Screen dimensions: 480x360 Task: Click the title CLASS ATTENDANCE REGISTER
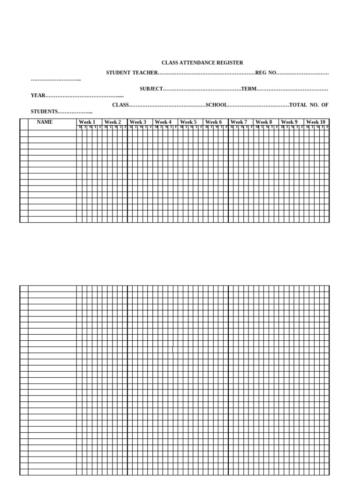[202, 63]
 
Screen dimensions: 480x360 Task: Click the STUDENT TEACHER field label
[132, 73]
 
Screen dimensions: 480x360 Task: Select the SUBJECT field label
[151, 89]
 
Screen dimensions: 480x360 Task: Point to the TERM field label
[248, 89]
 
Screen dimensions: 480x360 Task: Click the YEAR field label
[38, 96]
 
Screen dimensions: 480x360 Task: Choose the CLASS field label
[120, 105]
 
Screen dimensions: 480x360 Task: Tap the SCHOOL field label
[216, 105]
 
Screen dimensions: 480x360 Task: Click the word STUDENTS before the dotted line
[44, 112]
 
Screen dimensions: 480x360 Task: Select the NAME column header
[45, 122]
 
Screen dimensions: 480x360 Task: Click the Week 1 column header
[87, 122]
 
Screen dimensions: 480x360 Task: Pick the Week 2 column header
[112, 122]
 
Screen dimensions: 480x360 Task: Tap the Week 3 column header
[138, 122]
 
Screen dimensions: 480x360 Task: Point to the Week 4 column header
[163, 122]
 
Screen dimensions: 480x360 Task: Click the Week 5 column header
[188, 122]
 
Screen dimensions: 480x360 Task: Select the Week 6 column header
[214, 122]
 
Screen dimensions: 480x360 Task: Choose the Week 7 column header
[239, 122]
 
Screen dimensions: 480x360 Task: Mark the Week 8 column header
[264, 122]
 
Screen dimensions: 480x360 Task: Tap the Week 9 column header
[289, 122]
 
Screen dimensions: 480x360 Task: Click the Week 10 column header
[315, 122]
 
